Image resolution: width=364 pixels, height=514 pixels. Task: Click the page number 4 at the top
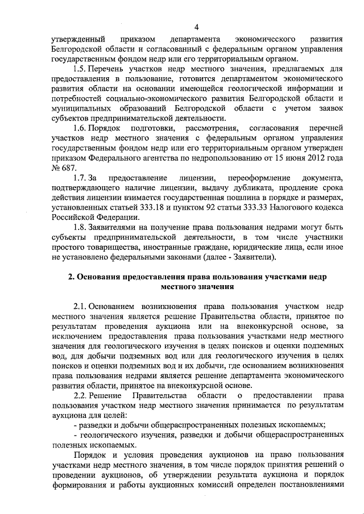tap(196, 27)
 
